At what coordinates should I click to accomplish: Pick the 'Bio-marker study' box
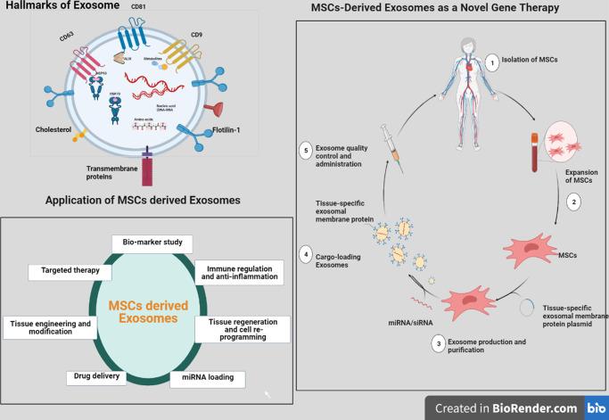click(x=152, y=243)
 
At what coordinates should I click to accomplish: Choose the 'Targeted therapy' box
click(x=70, y=271)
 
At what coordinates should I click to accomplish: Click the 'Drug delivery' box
click(x=95, y=378)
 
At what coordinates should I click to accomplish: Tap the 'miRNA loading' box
click(x=207, y=377)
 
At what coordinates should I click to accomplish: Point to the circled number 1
click(x=490, y=62)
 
